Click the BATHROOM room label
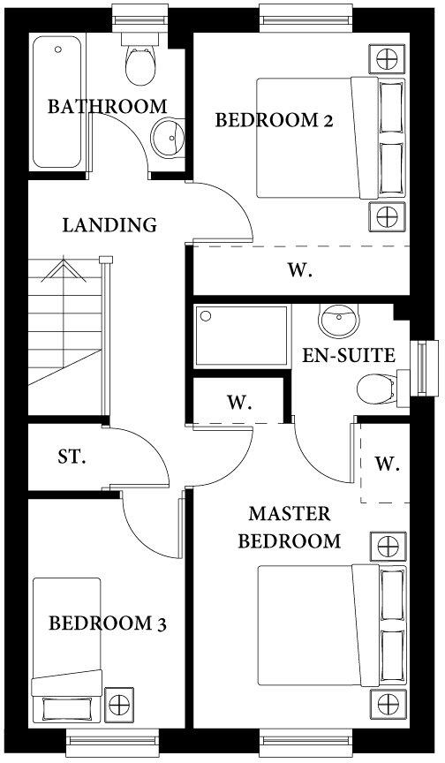pyautogui.click(x=107, y=107)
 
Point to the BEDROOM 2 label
pyautogui.click(x=274, y=121)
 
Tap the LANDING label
pyautogui.click(x=109, y=225)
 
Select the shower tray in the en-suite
pyautogui.click(x=242, y=336)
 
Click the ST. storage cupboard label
pyautogui.click(x=72, y=457)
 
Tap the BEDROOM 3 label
pyautogui.click(x=107, y=623)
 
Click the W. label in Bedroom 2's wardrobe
pyautogui.click(x=300, y=271)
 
